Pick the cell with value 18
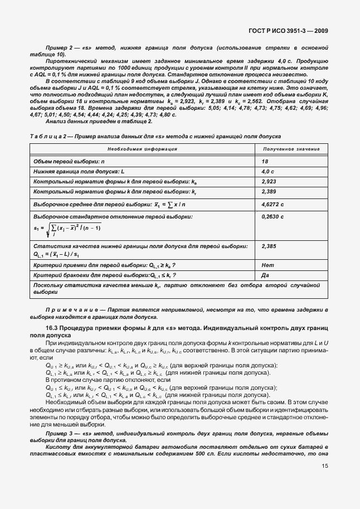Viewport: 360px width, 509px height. [265, 161]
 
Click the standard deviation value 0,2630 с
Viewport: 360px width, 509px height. [273, 216]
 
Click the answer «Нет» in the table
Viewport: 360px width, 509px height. [267, 265]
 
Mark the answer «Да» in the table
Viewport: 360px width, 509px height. [265, 275]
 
